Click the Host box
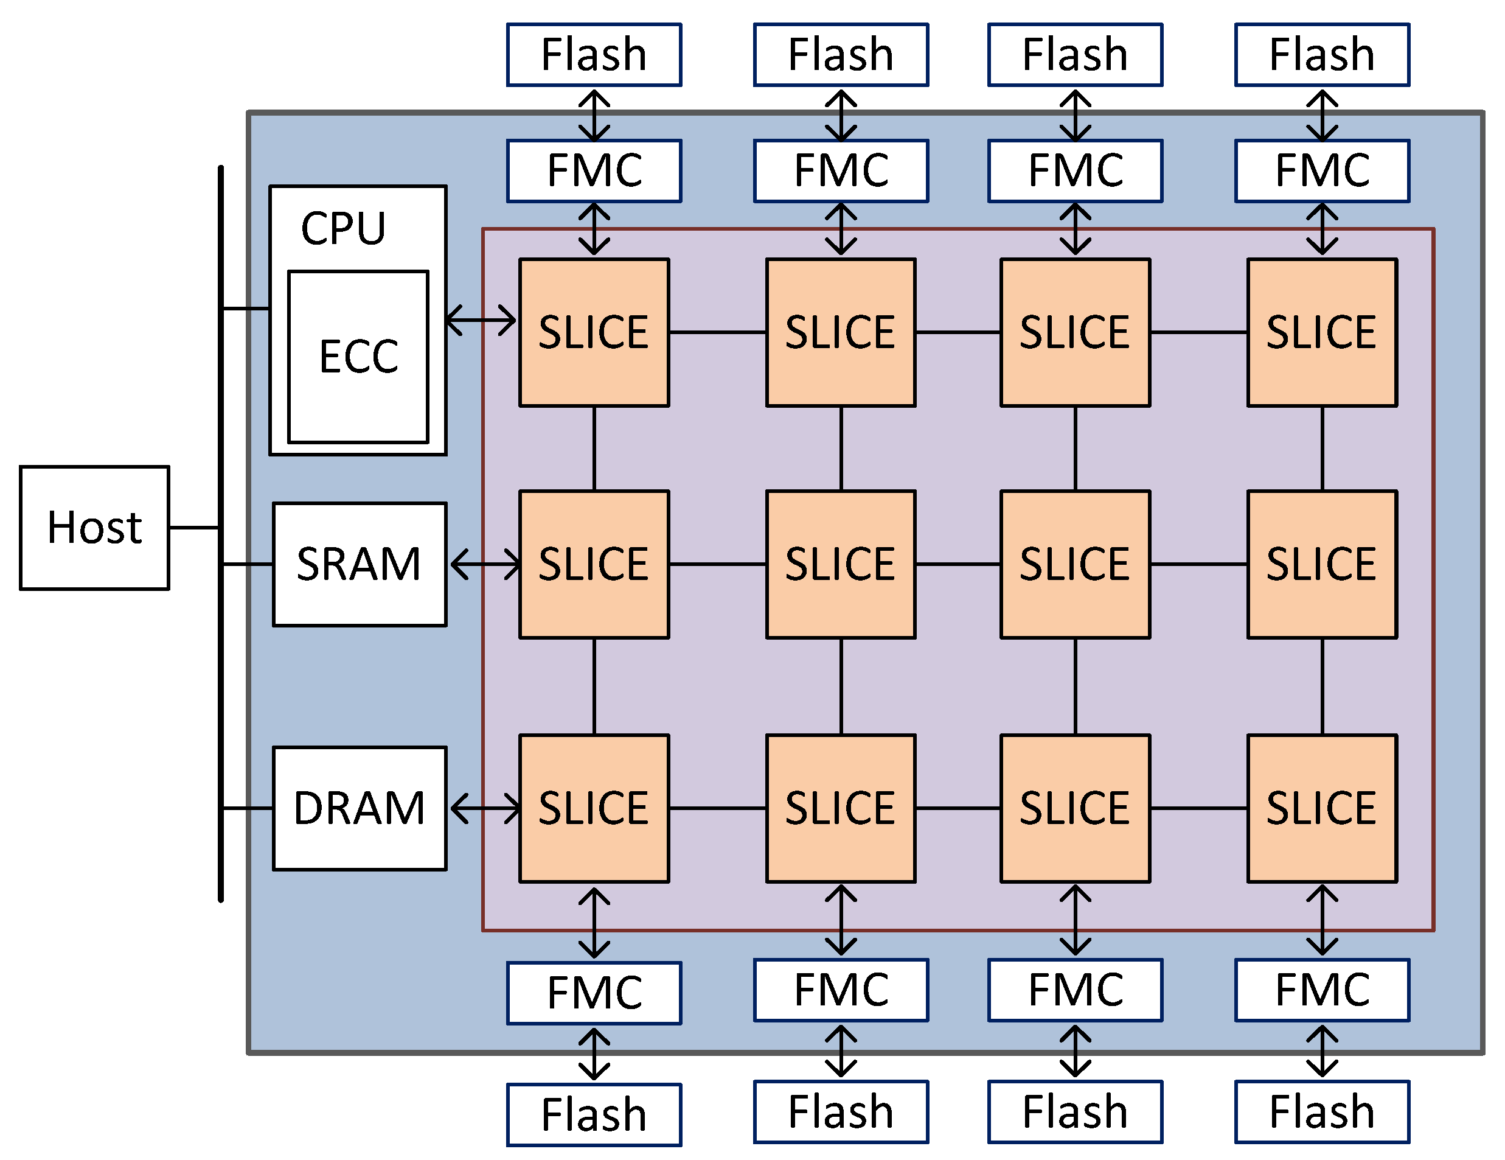pos(94,528)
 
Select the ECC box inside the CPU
pos(358,357)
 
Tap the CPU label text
pos(343,228)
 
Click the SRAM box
pos(359,564)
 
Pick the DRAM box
pos(359,808)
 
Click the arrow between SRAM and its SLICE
pos(485,564)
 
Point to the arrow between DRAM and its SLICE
pos(485,808)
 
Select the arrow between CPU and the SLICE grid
pos(481,320)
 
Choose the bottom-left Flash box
pos(594,1114)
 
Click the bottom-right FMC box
pos(1322,989)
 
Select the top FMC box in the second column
pos(841,171)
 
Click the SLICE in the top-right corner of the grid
pos(1322,332)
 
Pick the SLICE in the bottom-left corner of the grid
pos(594,808)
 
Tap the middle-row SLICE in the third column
pos(1075,564)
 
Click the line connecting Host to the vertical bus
pos(194,527)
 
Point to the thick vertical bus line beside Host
pos(220,690)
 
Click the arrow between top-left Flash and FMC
pos(594,115)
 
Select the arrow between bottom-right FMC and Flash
pos(1322,1052)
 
